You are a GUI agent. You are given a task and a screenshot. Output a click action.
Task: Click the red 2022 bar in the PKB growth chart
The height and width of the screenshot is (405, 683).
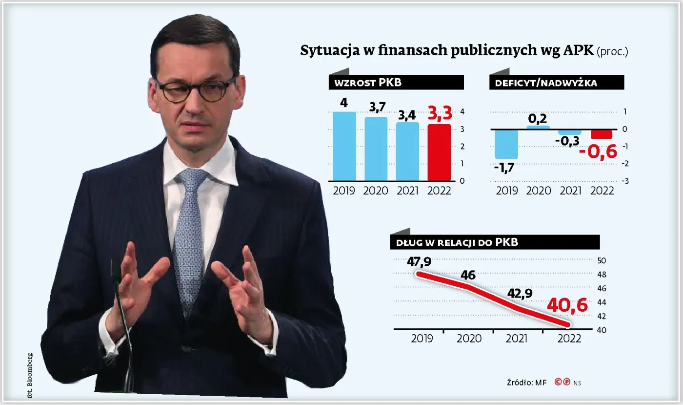pyautogui.click(x=439, y=152)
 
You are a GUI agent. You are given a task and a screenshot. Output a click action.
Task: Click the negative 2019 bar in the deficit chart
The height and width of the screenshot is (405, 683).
pyautogui.click(x=506, y=144)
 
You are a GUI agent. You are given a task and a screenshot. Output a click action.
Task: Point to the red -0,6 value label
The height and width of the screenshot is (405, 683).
pyautogui.click(x=598, y=151)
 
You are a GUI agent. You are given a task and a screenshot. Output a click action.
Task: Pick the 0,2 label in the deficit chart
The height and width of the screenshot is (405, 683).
pyautogui.click(x=537, y=118)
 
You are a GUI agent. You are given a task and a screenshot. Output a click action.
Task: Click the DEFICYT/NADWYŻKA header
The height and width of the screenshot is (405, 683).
pyautogui.click(x=556, y=83)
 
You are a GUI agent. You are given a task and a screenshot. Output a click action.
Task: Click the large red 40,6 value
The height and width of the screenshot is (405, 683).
pyautogui.click(x=567, y=305)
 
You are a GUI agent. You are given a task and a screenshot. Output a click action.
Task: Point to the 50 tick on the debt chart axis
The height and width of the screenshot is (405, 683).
pyautogui.click(x=602, y=260)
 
